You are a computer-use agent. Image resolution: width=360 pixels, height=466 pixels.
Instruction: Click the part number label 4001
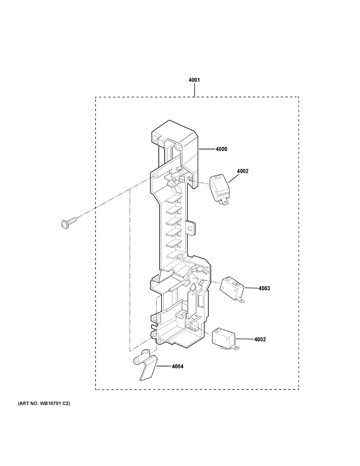(x=194, y=80)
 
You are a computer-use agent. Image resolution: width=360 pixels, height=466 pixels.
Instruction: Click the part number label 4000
(x=222, y=149)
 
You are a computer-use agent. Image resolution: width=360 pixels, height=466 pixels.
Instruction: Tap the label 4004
(x=177, y=366)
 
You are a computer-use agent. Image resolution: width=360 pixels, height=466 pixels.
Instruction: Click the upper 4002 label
(x=243, y=171)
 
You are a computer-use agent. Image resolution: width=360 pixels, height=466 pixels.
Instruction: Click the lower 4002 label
(x=260, y=339)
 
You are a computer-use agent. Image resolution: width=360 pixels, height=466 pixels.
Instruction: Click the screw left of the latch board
(x=69, y=223)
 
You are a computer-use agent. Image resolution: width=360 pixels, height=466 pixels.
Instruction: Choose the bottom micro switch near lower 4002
(x=223, y=339)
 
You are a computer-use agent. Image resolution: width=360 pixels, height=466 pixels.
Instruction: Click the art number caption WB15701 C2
(x=44, y=403)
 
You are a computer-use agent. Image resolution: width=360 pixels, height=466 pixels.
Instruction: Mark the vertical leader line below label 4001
(x=194, y=90)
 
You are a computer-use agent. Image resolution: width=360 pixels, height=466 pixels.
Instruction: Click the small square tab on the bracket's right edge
(x=191, y=228)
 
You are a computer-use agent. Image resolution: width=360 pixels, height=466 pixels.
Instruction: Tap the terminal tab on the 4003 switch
(x=241, y=299)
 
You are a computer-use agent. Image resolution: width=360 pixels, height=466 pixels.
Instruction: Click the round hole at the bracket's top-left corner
(x=156, y=138)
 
